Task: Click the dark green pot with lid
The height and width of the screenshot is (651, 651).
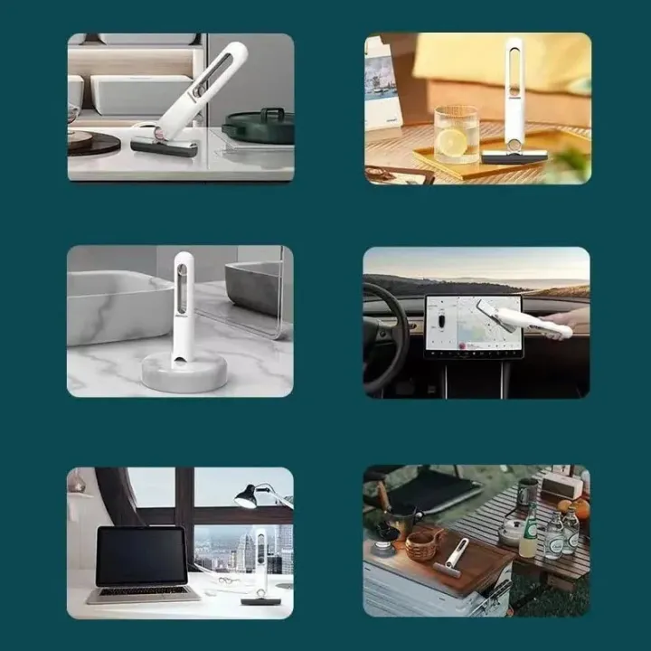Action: coord(259,127)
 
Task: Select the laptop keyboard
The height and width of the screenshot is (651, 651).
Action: coord(145,591)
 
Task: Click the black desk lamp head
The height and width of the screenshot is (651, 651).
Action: coord(245,495)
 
